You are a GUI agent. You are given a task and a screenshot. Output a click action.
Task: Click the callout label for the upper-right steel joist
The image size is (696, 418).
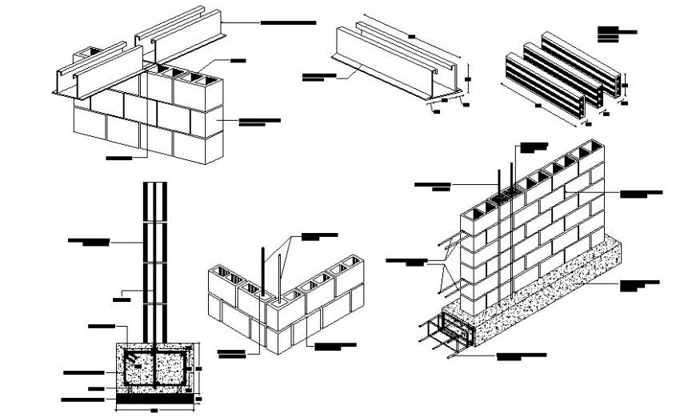coord(288,24)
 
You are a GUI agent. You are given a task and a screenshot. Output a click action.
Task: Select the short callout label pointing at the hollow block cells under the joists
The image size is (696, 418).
coord(239,61)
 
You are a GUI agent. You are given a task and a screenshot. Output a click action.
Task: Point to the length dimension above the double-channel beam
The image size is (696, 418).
coord(411,35)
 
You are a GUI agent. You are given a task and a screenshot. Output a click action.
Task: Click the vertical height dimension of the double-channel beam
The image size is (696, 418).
coord(468,79)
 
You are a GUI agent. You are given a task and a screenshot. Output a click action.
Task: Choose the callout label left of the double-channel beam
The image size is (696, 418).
coord(318,77)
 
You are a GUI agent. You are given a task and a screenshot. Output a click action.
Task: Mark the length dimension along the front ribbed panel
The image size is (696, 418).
coord(538,105)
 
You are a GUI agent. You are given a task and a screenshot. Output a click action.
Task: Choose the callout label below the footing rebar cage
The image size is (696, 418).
coord(520,355)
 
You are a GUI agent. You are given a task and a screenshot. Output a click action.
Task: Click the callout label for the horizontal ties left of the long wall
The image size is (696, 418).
coord(406,260)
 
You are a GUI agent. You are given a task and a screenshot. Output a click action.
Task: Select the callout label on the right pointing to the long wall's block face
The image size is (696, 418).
coord(642,193)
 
